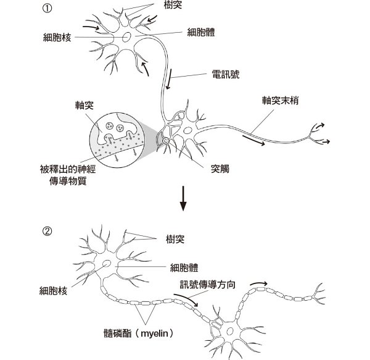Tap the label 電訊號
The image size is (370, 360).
tap(225, 75)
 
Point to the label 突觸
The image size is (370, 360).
tap(220, 167)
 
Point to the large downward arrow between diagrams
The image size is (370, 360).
tap(183, 198)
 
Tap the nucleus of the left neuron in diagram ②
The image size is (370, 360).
tap(107, 265)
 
